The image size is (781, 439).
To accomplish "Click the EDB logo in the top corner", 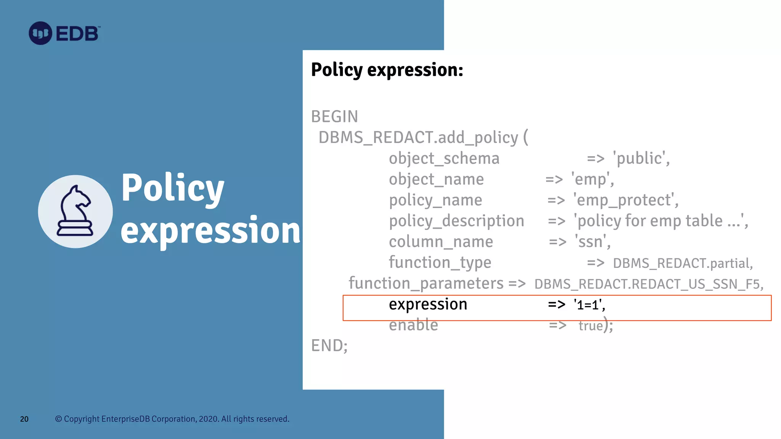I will (x=64, y=33).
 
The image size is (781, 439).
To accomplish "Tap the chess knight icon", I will (x=75, y=211).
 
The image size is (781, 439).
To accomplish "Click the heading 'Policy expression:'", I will (x=387, y=70).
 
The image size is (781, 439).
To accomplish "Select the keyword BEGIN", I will (x=334, y=117).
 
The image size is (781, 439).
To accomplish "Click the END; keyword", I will (x=329, y=346).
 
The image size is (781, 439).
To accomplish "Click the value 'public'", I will (x=641, y=158).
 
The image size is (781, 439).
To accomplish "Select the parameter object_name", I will (x=436, y=179).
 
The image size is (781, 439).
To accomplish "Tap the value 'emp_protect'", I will (x=625, y=200).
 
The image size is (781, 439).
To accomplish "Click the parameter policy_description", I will (x=456, y=221).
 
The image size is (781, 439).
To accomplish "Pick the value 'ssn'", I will (x=592, y=242).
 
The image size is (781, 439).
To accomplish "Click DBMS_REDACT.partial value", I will (x=683, y=263).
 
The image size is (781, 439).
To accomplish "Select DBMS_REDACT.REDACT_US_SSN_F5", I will (x=648, y=284).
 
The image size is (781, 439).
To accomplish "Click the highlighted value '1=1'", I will (x=589, y=305).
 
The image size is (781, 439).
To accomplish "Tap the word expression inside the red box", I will (x=428, y=304).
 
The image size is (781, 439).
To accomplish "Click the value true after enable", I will (x=591, y=326).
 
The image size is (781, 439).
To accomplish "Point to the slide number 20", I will (x=24, y=419).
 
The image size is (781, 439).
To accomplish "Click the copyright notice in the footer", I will (x=172, y=419).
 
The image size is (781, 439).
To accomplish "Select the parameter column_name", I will (x=441, y=242).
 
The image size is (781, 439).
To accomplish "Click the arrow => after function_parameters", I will (x=517, y=284).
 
